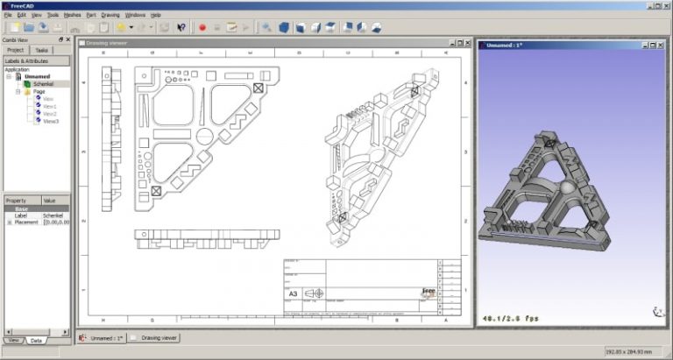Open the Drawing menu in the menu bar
tap(110, 15)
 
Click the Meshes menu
tap(72, 15)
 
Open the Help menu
tap(156, 15)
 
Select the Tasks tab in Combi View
tap(42, 50)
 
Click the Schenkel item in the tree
tap(43, 83)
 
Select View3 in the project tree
tap(50, 121)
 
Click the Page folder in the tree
tap(39, 91)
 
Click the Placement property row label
tap(26, 222)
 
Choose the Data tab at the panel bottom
tap(36, 340)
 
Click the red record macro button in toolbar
tap(202, 27)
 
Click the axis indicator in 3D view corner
tap(656, 311)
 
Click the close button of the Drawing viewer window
tap(467, 42)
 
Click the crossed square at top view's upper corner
tap(258, 88)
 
